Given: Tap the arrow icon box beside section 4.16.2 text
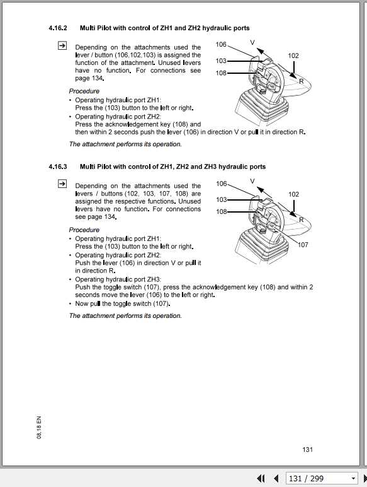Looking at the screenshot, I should pyautogui.click(x=62, y=46).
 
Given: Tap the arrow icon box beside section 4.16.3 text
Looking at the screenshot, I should pyautogui.click(x=62, y=184).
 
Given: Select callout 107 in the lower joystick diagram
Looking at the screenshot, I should pyautogui.click(x=303, y=245).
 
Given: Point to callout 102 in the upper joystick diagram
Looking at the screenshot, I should pyautogui.click(x=293, y=56).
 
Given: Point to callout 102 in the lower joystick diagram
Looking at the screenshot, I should pyautogui.click(x=293, y=194).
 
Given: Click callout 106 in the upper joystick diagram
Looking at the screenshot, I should pyautogui.click(x=221, y=45).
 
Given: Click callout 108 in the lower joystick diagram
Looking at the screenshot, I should pyautogui.click(x=221, y=212).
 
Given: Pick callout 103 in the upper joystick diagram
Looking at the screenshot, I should pyautogui.click(x=221, y=61).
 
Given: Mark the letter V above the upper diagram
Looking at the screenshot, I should pyautogui.click(x=252, y=42).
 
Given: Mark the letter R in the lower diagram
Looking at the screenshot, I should pyautogui.click(x=302, y=220).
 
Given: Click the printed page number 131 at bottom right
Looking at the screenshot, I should pyautogui.click(x=307, y=449).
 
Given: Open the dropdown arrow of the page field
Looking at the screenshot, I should pyautogui.click(x=353, y=478).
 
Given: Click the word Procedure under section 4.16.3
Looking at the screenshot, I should pyautogui.click(x=84, y=230).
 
